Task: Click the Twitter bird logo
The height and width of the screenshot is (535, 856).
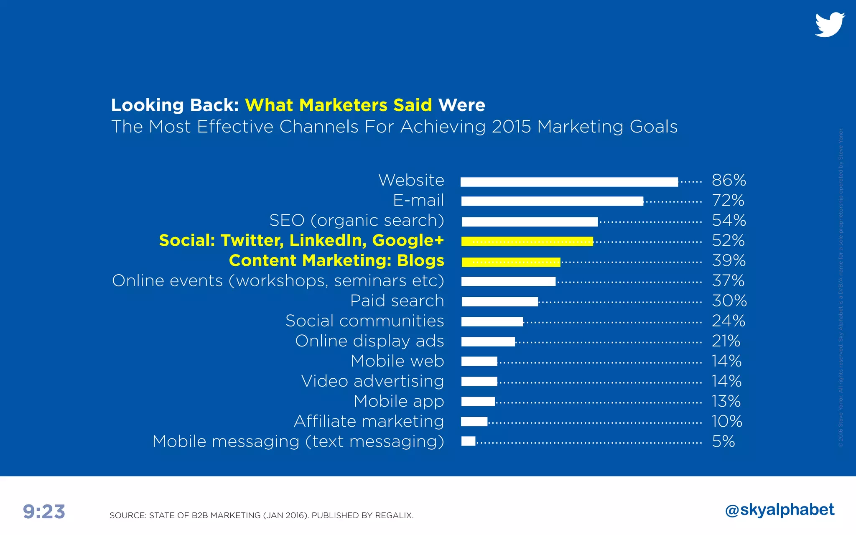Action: click(830, 25)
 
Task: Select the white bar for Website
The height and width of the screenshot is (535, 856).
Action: click(569, 182)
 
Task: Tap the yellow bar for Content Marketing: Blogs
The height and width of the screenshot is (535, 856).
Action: click(511, 262)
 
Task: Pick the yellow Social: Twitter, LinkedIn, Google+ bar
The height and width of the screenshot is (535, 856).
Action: click(527, 242)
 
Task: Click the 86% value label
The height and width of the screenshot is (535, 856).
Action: click(729, 181)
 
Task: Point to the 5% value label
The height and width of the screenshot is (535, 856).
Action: click(723, 441)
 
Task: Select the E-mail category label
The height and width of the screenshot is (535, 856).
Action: click(418, 201)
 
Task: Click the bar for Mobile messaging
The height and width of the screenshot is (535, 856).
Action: click(468, 441)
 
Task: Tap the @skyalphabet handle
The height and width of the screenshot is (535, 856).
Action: click(780, 510)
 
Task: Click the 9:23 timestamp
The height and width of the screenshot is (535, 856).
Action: click(44, 512)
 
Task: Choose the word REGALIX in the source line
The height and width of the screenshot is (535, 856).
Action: click(394, 515)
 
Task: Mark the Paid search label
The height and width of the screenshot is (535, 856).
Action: click(397, 301)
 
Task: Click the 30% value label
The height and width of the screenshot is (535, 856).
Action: click(729, 301)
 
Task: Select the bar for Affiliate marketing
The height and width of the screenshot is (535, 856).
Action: click(474, 421)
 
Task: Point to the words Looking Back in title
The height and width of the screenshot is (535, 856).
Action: click(174, 105)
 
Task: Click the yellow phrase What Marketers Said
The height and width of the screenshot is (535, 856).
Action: click(338, 105)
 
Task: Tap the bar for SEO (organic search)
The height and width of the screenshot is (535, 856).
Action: click(530, 222)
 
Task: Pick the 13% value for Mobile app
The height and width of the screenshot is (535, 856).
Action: click(726, 401)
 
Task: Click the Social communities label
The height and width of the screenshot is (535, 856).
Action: click(364, 321)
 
